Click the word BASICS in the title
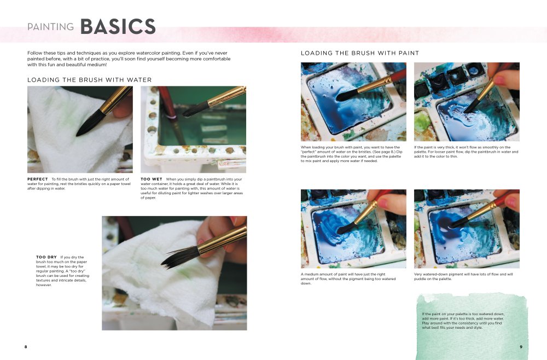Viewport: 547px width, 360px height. pos(118,26)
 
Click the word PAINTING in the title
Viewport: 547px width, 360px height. pos(51,27)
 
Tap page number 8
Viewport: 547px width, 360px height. pos(26,347)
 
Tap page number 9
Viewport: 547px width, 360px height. pos(521,347)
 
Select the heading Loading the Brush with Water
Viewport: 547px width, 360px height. pos(89,80)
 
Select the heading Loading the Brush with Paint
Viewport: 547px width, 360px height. pos(360,53)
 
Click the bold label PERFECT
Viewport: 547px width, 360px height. pos(37,179)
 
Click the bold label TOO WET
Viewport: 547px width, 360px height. pos(151,179)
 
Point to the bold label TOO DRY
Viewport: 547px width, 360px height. pos(46,257)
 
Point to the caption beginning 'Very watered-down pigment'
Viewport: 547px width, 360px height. pos(463,276)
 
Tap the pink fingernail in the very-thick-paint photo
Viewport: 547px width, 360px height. pos(498,80)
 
